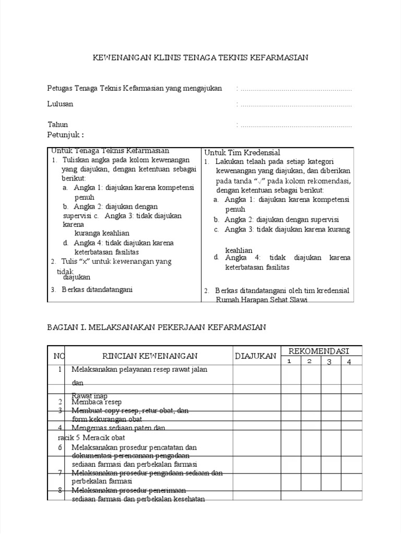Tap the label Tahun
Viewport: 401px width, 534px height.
[58, 125]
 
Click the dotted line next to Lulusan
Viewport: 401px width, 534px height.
[296, 105]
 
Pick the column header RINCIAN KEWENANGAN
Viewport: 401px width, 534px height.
[150, 356]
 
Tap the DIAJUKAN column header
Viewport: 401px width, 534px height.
[255, 356]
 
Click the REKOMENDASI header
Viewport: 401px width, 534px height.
[319, 351]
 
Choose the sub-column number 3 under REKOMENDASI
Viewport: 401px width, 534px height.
[329, 361]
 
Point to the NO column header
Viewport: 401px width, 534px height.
[59, 356]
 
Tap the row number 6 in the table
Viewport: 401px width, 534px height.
[60, 447]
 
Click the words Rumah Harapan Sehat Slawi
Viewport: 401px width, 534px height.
[262, 300]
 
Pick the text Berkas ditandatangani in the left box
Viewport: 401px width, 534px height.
[97, 289]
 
